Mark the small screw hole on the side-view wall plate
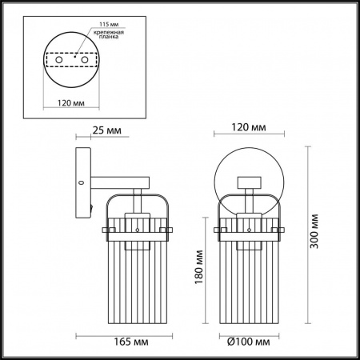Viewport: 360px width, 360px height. pyautogui.click(x=82, y=183)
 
